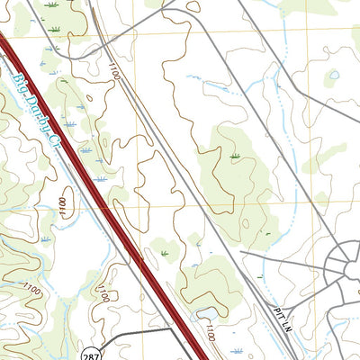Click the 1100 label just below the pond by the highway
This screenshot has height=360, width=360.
click(x=210, y=334)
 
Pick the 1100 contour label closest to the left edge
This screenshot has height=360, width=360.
click(x=31, y=289)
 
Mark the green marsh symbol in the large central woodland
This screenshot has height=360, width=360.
click(x=235, y=157)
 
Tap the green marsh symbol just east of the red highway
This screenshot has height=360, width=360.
click(x=165, y=255)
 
